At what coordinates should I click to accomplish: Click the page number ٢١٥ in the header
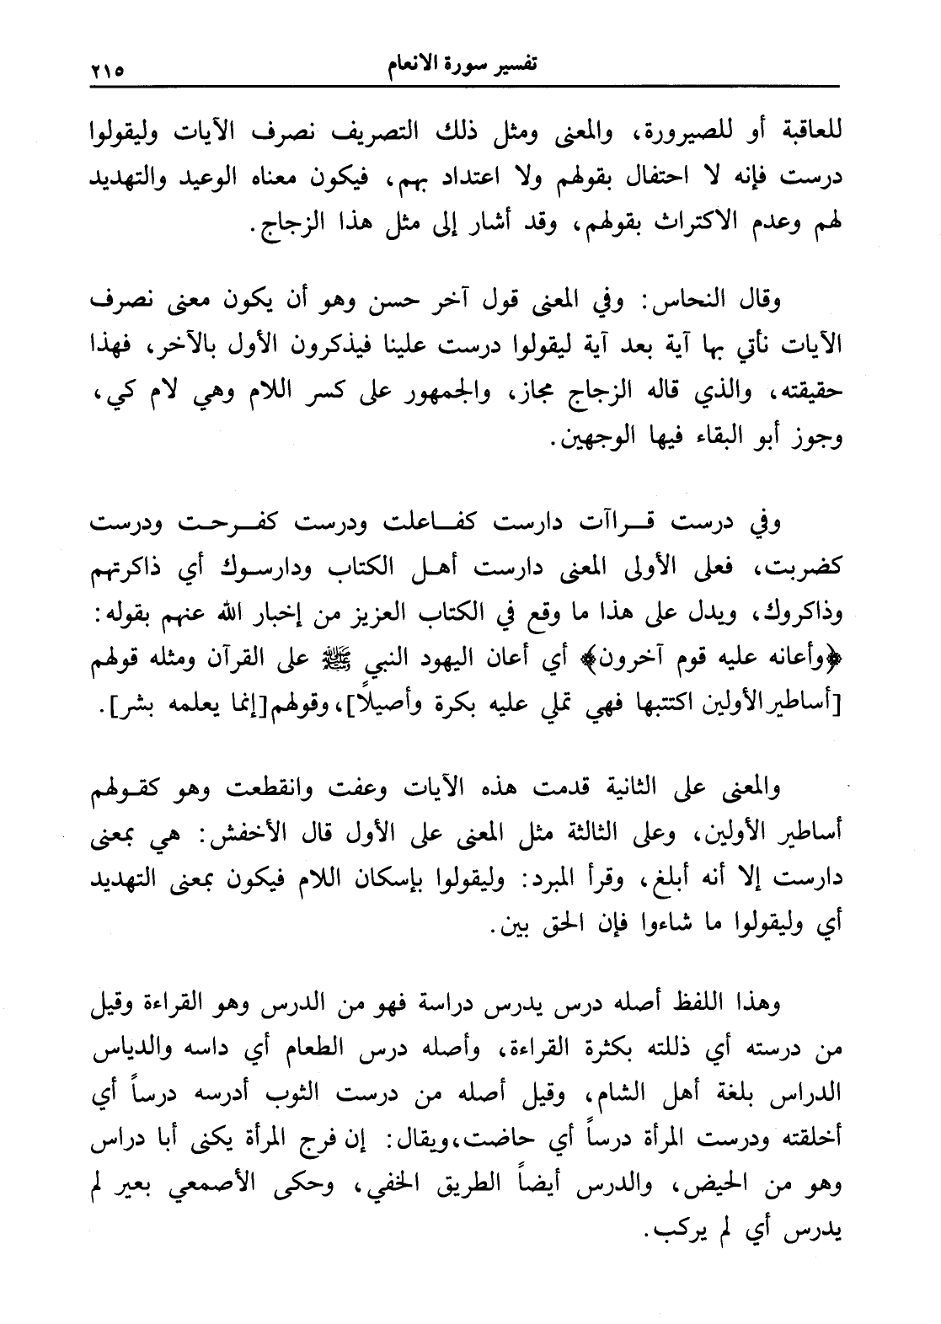click(107, 68)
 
